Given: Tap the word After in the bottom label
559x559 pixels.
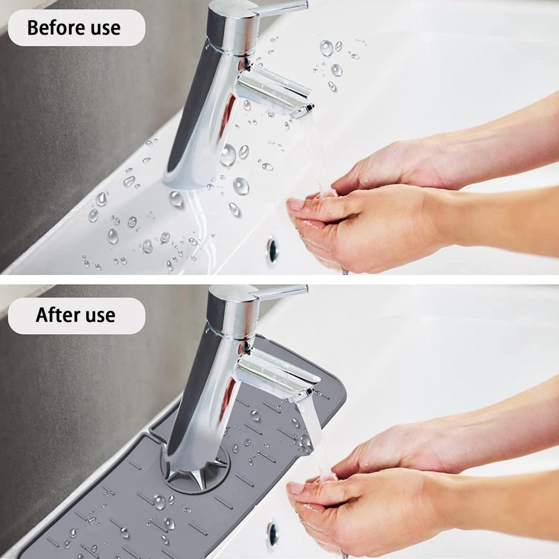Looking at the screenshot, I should click(x=56, y=315).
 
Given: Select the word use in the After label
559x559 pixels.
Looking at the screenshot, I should click(x=96, y=315).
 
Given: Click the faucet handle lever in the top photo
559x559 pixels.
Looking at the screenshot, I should click(x=282, y=6).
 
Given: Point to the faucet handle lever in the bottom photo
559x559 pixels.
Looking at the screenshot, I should click(x=282, y=291).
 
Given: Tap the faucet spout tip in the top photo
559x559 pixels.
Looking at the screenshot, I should click(x=302, y=111).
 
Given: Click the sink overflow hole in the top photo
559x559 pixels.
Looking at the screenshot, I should click(x=272, y=249).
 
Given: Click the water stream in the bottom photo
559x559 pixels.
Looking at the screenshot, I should click(x=316, y=442).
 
